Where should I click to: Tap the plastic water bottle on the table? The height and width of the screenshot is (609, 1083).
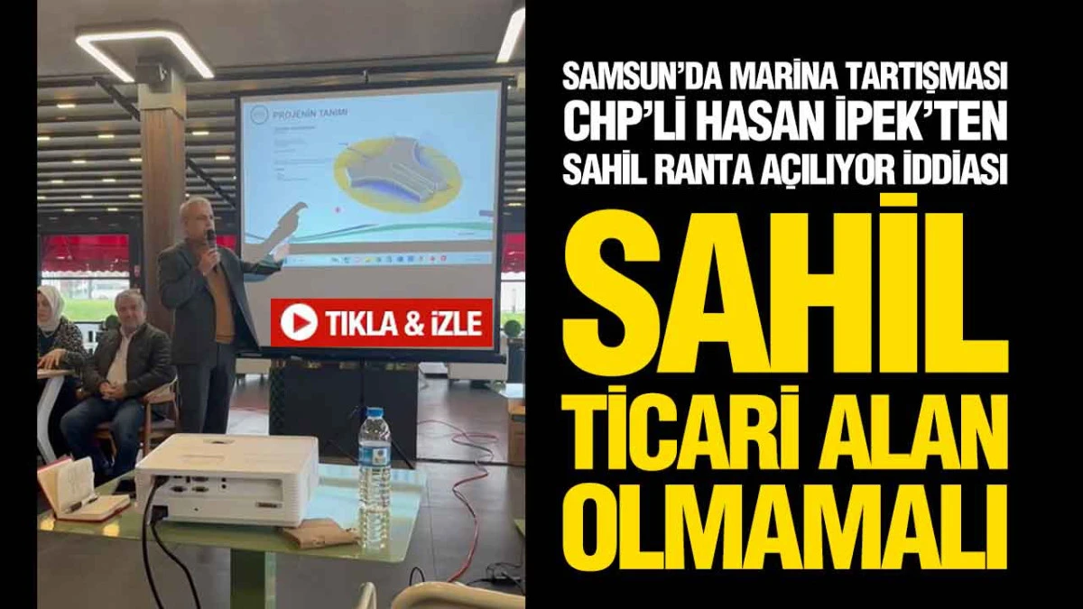click(374, 478)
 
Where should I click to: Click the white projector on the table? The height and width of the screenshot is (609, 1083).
click(227, 479)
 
